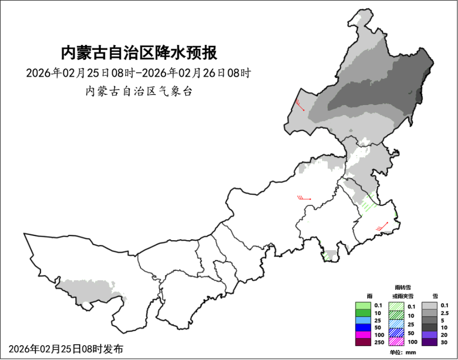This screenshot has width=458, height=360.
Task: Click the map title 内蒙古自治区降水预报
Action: [139, 53]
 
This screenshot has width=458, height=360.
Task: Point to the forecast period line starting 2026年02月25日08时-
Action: [138, 73]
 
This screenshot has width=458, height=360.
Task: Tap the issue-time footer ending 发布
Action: [65, 349]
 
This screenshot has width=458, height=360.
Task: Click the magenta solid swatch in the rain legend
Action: [363, 335]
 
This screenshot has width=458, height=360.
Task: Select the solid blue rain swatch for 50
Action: [363, 328]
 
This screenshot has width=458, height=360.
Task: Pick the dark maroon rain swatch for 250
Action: [363, 342]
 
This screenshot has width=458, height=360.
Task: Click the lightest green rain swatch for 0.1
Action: [363, 306]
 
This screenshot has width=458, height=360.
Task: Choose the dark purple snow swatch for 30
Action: [430, 342]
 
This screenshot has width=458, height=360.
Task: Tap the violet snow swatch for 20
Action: [430, 335]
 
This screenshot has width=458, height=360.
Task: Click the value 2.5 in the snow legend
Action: [445, 313]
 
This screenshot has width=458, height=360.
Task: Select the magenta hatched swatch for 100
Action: [396, 342]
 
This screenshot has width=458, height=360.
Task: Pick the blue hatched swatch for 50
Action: [396, 333]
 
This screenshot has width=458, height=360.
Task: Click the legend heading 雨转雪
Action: [403, 287]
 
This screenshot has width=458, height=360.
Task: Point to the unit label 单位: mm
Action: [403, 352]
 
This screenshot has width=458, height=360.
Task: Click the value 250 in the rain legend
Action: [379, 342]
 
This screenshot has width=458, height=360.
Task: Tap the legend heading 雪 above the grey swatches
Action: [435, 296]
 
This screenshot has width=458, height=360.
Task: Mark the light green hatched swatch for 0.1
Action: [396, 306]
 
